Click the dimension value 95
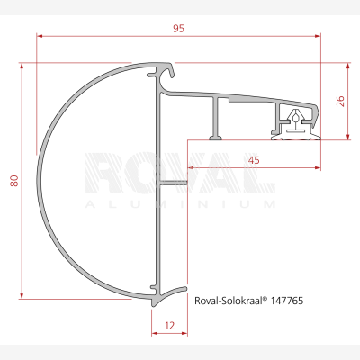(x=178, y=29)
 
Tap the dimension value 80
(x=14, y=181)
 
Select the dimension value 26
(x=340, y=102)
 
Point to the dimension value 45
(x=254, y=160)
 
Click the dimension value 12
(x=169, y=326)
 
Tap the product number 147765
(x=287, y=301)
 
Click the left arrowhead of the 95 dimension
(x=40, y=36)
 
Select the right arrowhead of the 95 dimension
(x=318, y=36)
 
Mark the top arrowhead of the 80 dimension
(x=22, y=66)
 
